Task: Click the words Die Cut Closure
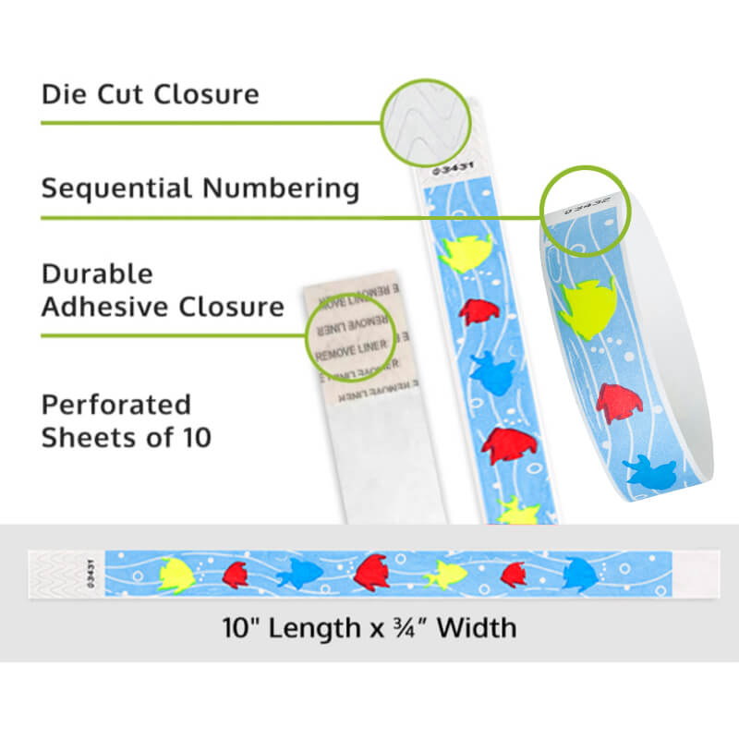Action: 150,94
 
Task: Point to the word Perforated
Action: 115,405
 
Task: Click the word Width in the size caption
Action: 476,628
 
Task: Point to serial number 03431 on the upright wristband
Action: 439,169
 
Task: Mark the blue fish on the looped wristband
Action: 652,472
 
